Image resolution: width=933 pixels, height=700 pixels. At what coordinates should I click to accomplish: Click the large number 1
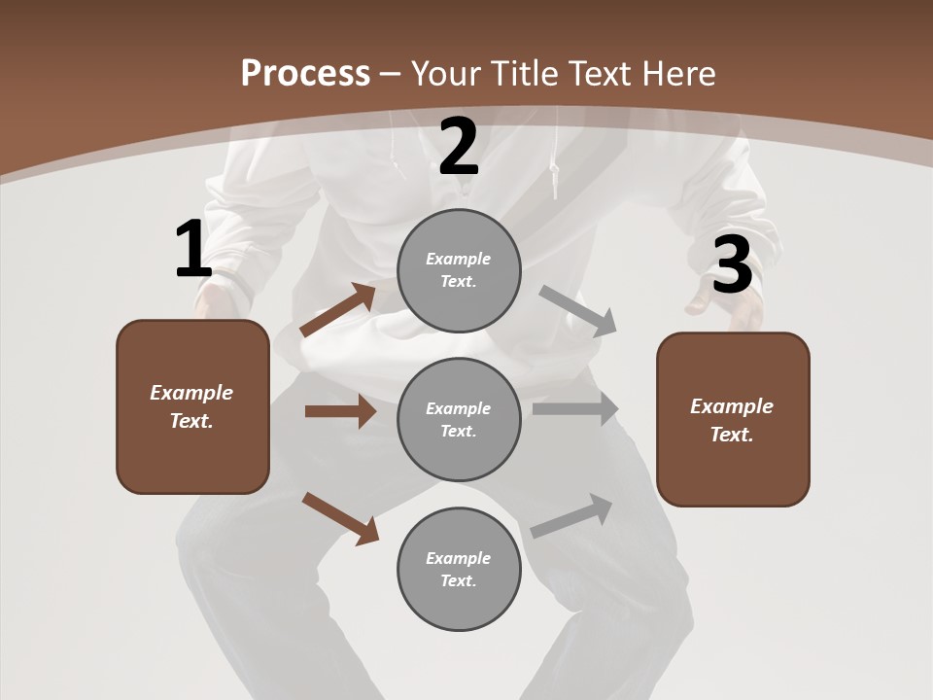(192, 250)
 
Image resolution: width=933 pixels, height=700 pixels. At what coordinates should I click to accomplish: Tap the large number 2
(459, 148)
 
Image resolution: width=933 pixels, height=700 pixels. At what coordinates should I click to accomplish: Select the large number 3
(732, 265)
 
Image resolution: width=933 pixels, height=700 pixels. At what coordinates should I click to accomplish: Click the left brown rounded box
(192, 406)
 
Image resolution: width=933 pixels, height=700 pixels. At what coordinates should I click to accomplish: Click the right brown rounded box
(733, 419)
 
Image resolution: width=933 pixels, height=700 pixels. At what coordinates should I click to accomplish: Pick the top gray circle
(459, 270)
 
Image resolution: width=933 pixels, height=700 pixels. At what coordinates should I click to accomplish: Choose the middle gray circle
(459, 419)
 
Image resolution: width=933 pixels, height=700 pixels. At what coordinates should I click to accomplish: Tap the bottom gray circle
(459, 569)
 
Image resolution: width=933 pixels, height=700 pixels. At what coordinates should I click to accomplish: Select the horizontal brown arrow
(340, 411)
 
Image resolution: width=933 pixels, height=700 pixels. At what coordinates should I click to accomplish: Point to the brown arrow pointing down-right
(340, 518)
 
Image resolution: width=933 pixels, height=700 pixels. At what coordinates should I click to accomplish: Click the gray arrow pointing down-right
(578, 311)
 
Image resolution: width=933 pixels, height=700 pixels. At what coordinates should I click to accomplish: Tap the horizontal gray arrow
(575, 409)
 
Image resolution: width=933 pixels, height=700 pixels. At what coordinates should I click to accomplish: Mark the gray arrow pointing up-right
(572, 515)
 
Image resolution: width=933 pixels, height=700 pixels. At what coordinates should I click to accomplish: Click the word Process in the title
(305, 73)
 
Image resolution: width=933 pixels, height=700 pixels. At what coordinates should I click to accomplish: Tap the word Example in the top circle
(458, 259)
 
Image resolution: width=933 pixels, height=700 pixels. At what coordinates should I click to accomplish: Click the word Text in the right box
(730, 435)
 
